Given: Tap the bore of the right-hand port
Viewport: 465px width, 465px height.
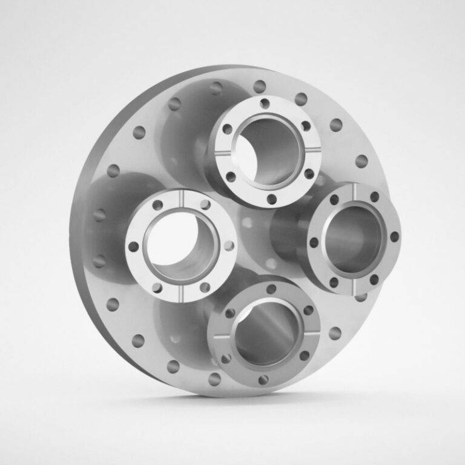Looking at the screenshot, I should [x=353, y=239].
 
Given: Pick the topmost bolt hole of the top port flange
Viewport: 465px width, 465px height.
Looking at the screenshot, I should [x=265, y=104].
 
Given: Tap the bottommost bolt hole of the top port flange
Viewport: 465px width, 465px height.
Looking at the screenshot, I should [x=272, y=199].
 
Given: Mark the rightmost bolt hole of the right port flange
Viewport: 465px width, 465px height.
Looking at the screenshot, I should [x=395, y=237].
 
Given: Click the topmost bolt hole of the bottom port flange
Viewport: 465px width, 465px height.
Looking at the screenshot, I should [x=271, y=289].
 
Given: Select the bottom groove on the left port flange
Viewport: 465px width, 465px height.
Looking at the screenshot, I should [x=181, y=296].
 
